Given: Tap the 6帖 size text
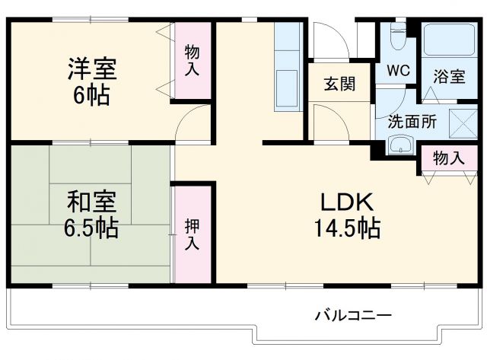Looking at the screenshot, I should pyautogui.click(x=91, y=96).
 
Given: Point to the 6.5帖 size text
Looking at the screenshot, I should pyautogui.click(x=91, y=228).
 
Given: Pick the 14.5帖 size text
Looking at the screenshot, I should pyautogui.click(x=345, y=228).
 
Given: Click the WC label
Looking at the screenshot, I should pyautogui.click(x=397, y=71).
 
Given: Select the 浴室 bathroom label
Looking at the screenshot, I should pyautogui.click(x=448, y=76).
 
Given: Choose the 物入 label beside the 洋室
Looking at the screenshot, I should pyautogui.click(x=193, y=61).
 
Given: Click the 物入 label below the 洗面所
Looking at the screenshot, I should pyautogui.click(x=448, y=158).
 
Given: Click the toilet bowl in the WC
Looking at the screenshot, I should pyautogui.click(x=396, y=34).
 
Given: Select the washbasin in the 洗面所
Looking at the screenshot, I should pyautogui.click(x=399, y=145).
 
